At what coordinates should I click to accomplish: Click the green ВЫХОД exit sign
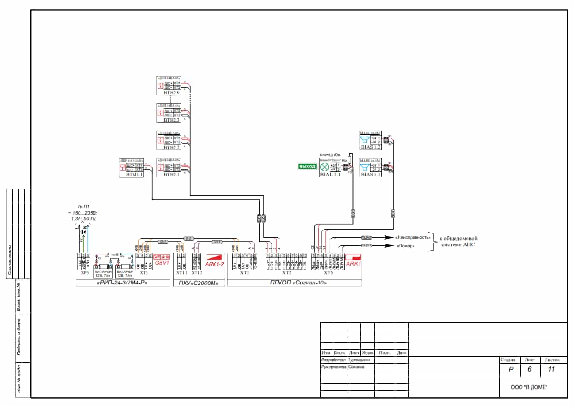(x=307, y=166)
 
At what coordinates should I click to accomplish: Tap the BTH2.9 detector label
(x=171, y=93)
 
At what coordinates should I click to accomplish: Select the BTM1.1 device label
(x=131, y=175)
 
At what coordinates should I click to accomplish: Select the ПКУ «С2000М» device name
(x=199, y=283)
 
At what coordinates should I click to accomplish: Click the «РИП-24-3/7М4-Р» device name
(x=123, y=283)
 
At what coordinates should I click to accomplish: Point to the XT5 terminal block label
(x=328, y=273)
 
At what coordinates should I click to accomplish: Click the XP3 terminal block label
(x=84, y=273)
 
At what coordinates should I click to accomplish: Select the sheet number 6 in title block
(x=530, y=370)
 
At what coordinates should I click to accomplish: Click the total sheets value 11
(x=552, y=370)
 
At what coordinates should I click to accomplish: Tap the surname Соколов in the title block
(x=357, y=367)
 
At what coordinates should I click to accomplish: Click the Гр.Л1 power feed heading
(x=84, y=205)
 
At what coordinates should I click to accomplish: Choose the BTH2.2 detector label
(x=171, y=147)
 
